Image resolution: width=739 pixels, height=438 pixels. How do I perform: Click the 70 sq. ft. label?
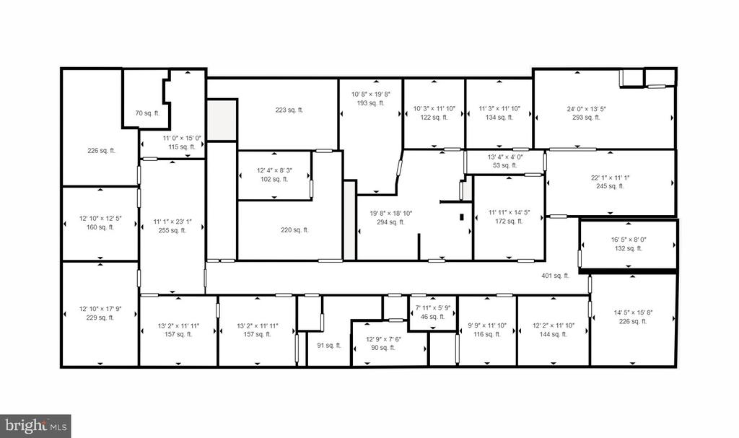(x=147, y=113)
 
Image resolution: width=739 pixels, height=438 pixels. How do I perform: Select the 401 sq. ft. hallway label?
(x=555, y=276)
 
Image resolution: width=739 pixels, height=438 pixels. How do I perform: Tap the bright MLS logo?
(x=35, y=426)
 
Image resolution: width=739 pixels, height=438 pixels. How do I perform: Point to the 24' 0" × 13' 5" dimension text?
(x=586, y=109)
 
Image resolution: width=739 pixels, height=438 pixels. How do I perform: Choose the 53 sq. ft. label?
(x=504, y=165)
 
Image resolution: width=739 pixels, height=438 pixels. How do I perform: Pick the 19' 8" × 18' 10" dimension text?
(x=391, y=213)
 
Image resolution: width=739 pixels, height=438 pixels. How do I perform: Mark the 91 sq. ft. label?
(x=329, y=346)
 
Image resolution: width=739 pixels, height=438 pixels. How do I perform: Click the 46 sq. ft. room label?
(x=432, y=317)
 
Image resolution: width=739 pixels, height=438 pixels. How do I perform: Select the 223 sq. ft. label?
(x=289, y=110)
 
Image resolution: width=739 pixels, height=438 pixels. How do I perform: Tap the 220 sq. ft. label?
(x=294, y=230)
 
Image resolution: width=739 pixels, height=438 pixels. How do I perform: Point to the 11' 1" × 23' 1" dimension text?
(x=172, y=222)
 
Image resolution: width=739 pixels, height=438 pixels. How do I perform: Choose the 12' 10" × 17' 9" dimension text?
(x=100, y=310)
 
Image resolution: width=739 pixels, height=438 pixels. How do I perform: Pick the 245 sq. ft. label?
(x=610, y=186)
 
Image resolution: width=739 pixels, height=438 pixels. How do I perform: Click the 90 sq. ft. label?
(x=382, y=348)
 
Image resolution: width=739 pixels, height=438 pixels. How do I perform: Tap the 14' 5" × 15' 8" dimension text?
(x=633, y=312)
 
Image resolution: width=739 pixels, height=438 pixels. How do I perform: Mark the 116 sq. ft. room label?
(x=487, y=334)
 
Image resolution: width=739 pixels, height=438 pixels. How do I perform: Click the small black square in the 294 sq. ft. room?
(x=462, y=217)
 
